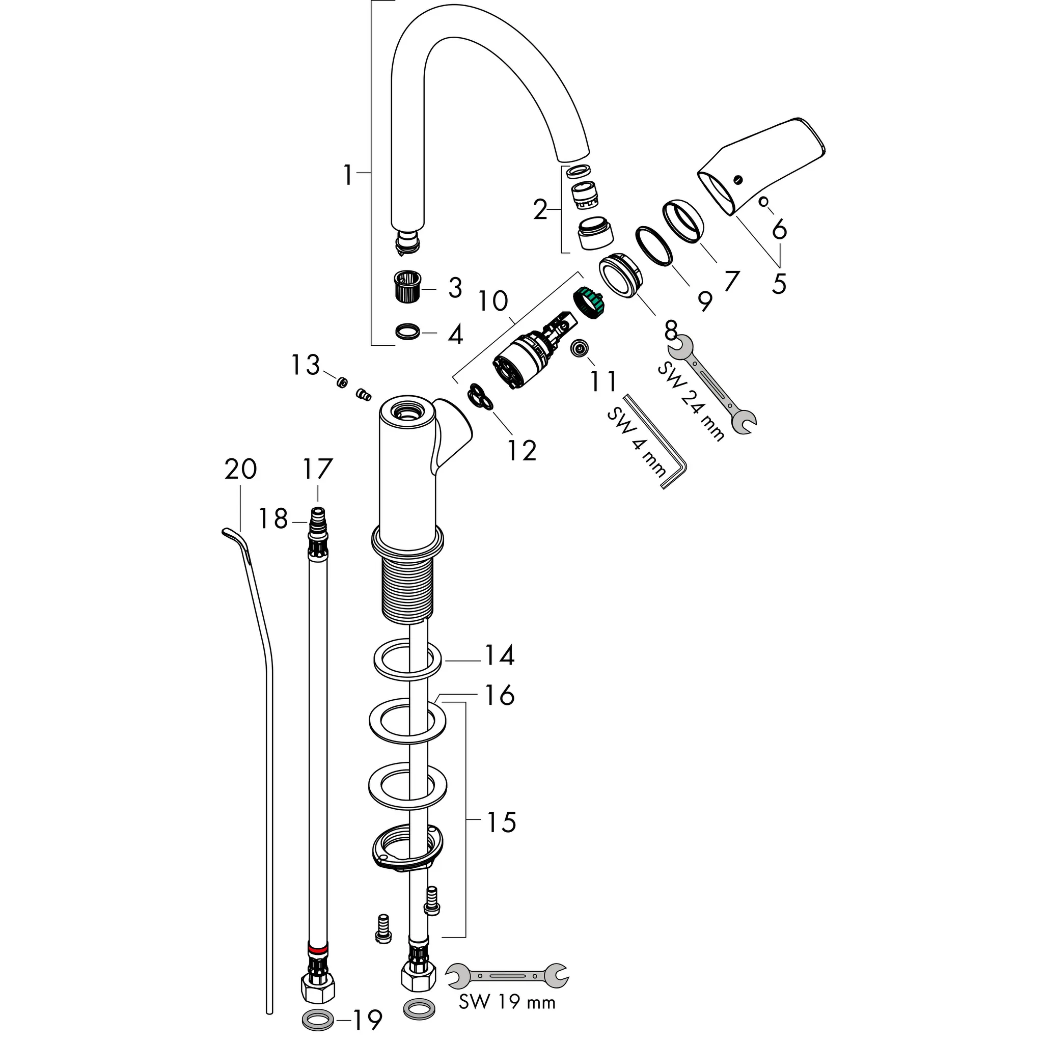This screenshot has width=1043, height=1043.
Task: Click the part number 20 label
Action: (x=240, y=469)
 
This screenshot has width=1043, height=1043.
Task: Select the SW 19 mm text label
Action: (x=507, y=1017)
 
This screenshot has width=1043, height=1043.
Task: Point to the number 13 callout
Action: (x=306, y=366)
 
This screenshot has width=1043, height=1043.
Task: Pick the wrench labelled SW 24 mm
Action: (x=711, y=385)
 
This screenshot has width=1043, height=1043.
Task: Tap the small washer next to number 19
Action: (x=317, y=1020)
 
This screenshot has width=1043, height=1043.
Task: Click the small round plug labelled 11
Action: (x=579, y=348)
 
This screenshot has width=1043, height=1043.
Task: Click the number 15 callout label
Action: (x=502, y=823)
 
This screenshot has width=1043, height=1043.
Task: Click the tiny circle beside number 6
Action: (x=763, y=201)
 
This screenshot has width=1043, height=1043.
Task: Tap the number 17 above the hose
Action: (x=317, y=469)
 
